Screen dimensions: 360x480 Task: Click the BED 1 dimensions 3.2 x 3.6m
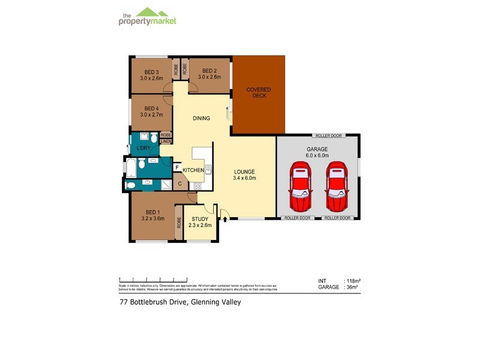pyautogui.click(x=152, y=220)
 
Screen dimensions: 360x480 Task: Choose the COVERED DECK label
pyautogui.click(x=259, y=93)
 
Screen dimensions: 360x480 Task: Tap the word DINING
pyautogui.click(x=201, y=118)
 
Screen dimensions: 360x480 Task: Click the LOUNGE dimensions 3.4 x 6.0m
pyautogui.click(x=245, y=178)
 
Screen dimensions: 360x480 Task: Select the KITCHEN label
pyautogui.click(x=193, y=170)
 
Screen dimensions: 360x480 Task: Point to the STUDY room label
pyautogui.click(x=200, y=218)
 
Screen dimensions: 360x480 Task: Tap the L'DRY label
pyautogui.click(x=143, y=148)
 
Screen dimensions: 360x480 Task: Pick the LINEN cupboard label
pyautogui.click(x=166, y=142)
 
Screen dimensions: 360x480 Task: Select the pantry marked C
pyautogui.click(x=180, y=184)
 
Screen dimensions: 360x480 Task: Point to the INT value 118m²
pyautogui.click(x=351, y=281)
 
